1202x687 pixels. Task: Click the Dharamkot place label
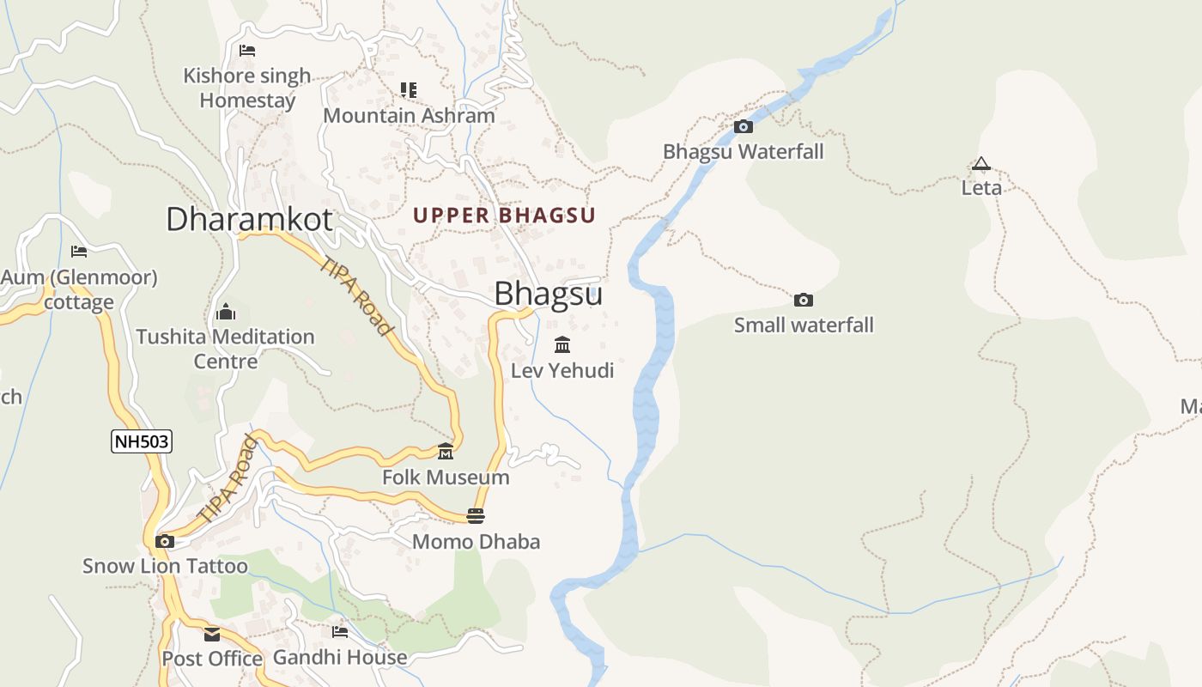(249, 219)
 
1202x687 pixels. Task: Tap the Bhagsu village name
(548, 294)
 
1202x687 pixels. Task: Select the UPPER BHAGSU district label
(504, 215)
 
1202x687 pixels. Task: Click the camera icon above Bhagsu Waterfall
(744, 127)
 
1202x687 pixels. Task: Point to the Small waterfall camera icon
(804, 300)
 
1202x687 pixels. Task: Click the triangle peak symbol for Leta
(980, 163)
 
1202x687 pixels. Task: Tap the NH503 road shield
(142, 442)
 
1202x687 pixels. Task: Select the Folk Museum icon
(445, 452)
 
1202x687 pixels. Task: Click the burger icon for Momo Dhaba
(476, 516)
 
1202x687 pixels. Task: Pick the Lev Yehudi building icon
(562, 345)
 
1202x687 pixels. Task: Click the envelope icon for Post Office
(212, 635)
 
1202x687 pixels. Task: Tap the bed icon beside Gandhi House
(340, 632)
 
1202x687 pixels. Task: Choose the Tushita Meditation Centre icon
(226, 311)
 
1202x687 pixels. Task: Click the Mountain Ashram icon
(409, 89)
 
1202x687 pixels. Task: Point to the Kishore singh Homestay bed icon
(247, 51)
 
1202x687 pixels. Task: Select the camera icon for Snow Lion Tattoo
(165, 542)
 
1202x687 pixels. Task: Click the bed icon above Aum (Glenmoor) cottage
(79, 252)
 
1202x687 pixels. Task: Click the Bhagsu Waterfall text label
(743, 152)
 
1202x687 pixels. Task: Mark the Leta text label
(981, 187)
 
